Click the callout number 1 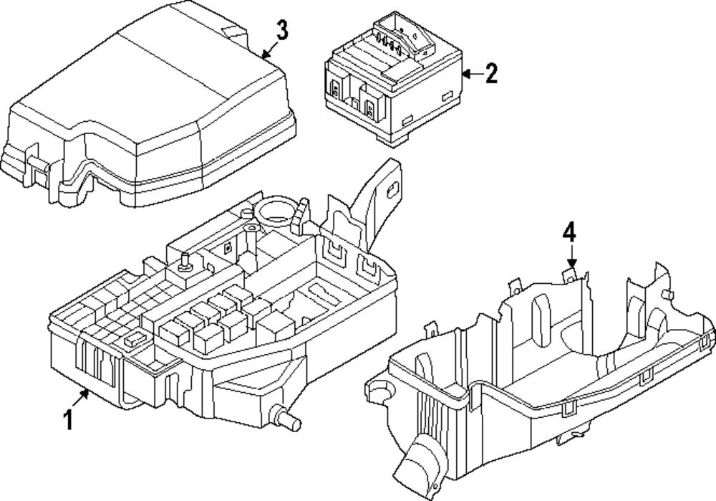coord(69,419)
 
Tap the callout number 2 coord(490,73)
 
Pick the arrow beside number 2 coord(469,73)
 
